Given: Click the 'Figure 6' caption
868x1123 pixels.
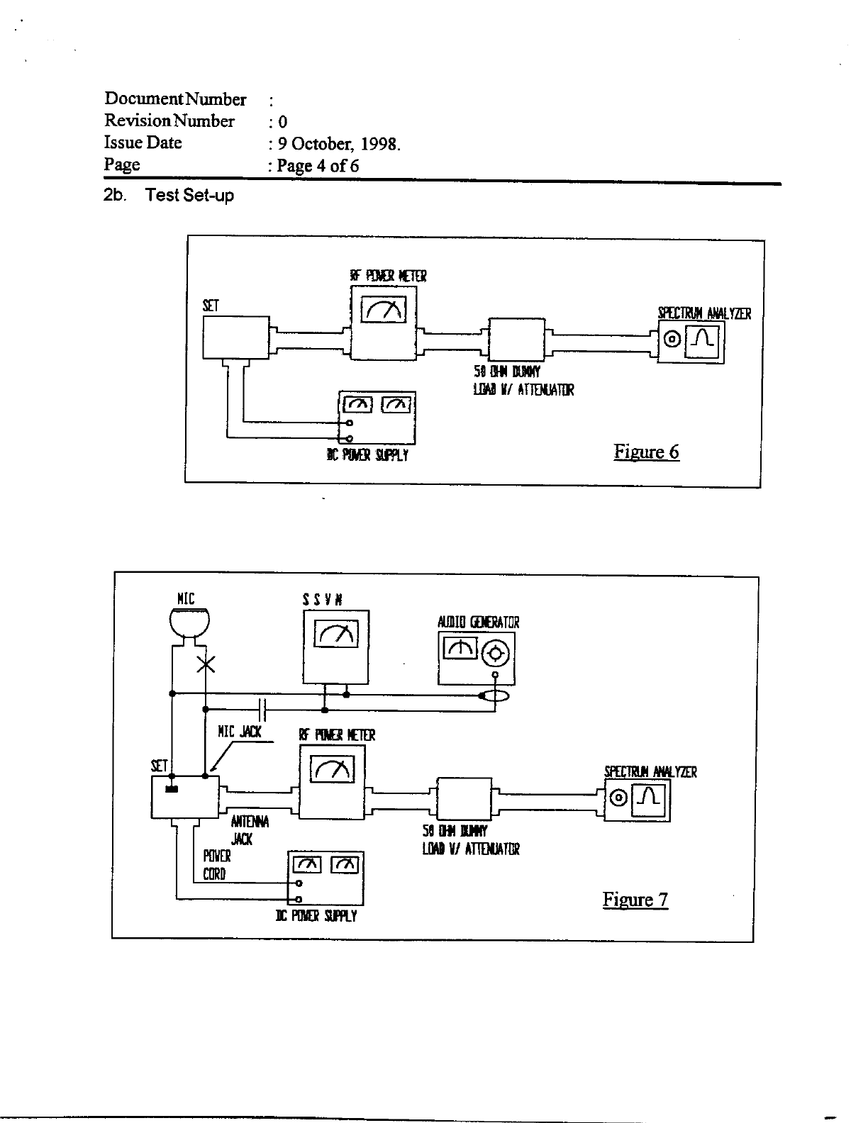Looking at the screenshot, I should (x=646, y=452).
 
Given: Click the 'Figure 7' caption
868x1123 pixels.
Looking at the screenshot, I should (x=635, y=900).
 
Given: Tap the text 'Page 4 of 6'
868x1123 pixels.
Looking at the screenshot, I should (x=313, y=166).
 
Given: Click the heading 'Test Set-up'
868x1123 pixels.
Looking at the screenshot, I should (x=189, y=196).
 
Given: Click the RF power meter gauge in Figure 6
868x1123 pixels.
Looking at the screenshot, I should (x=384, y=308).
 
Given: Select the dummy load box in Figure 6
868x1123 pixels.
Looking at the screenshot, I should (x=517, y=339).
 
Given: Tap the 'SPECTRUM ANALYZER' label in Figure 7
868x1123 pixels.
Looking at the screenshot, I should (x=650, y=772).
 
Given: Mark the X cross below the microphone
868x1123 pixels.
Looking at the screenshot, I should (x=206, y=665).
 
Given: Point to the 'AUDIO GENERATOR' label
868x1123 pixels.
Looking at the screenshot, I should (x=478, y=622).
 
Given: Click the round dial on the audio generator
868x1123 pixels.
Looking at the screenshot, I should (x=495, y=653).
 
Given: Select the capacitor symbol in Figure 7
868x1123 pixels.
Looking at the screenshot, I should (x=262, y=708).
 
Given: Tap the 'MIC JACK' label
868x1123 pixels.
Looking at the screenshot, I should (x=240, y=732).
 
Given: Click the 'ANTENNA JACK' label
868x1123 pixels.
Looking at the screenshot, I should (x=249, y=830).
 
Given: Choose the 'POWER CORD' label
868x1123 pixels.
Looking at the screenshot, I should (x=216, y=865).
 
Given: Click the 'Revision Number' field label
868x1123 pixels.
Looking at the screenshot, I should (x=169, y=121).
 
